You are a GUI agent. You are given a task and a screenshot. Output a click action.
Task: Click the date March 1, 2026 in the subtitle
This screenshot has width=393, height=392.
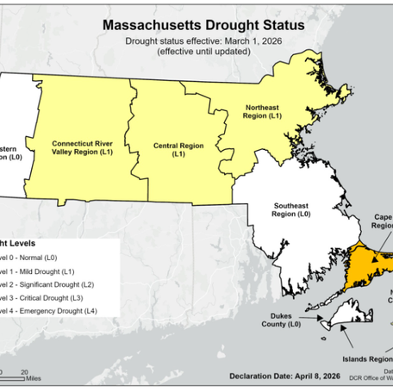click(246, 40)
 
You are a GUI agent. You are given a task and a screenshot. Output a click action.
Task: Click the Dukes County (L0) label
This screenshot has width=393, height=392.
click(282, 320)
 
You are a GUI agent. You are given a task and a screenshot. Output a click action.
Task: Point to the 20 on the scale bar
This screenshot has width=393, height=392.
click(23, 368)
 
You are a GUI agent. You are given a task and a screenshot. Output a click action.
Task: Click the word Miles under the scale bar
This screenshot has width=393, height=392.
click(34, 376)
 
